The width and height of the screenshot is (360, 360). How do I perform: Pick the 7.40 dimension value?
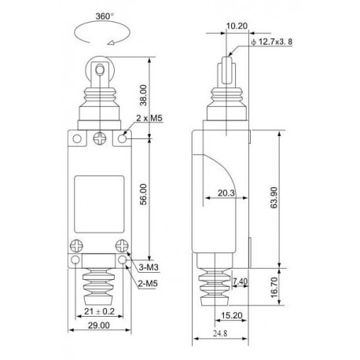pos(241,281)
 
